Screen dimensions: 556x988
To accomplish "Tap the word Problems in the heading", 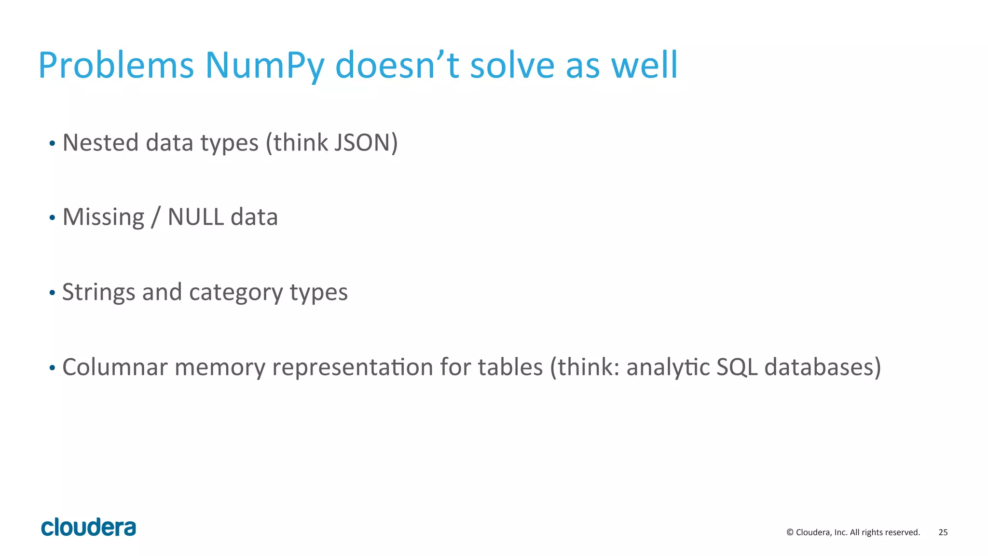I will (116, 66).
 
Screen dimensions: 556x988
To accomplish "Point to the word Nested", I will (100, 143).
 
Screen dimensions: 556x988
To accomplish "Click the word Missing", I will (103, 217).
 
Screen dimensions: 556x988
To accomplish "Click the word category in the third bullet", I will (236, 293).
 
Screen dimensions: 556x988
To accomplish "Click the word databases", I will (822, 367).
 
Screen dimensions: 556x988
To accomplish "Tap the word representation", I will (353, 367).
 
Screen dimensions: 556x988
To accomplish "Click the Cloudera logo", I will (89, 527).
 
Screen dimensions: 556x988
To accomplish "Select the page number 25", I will (943, 532).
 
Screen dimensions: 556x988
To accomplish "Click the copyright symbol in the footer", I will (790, 532).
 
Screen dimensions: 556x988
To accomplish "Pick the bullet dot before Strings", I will (52, 293).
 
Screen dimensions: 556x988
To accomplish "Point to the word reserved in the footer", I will (904, 532).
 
